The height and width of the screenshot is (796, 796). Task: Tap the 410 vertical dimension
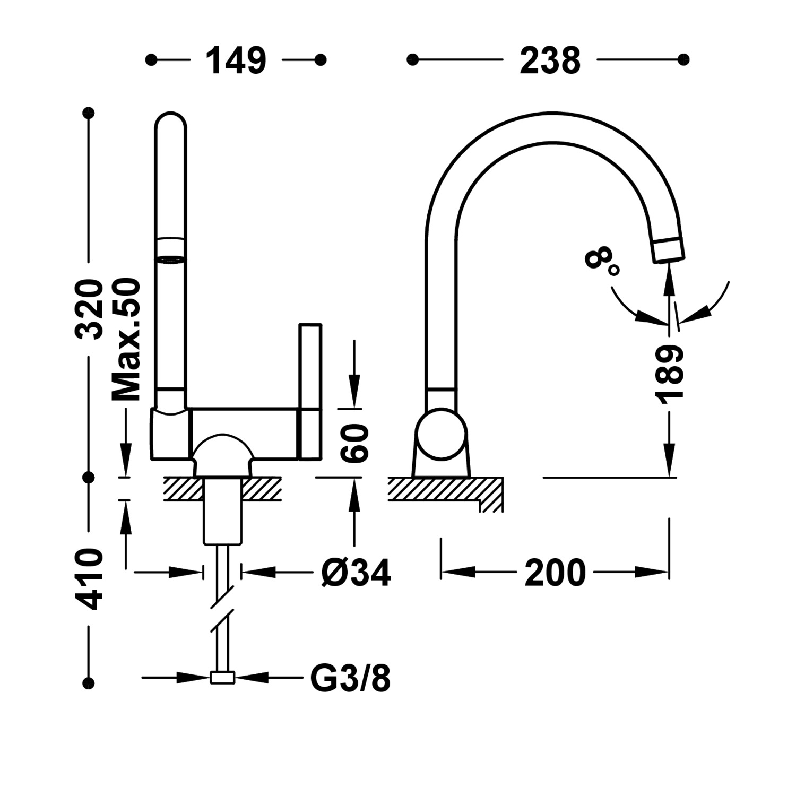click(x=89, y=579)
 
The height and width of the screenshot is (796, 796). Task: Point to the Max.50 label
click(x=127, y=340)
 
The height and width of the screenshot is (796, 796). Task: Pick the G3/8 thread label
click(x=350, y=678)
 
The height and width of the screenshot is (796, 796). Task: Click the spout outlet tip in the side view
click(x=669, y=250)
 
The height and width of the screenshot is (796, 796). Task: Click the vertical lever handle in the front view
click(x=310, y=390)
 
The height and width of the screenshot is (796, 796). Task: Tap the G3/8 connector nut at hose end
click(x=222, y=678)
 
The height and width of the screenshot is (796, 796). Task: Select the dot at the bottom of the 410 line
click(x=89, y=682)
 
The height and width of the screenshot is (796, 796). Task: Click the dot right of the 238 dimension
click(x=683, y=59)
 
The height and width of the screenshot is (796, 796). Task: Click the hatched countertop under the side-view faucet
click(x=435, y=488)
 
